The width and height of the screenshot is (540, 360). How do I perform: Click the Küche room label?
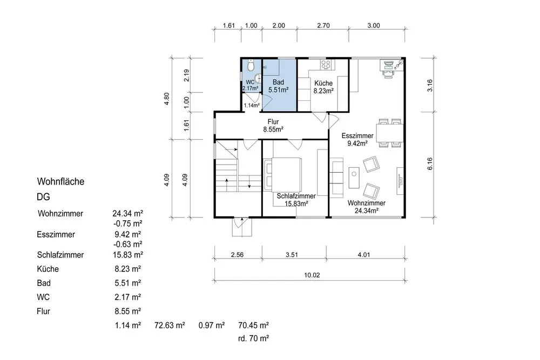pyautogui.click(x=323, y=83)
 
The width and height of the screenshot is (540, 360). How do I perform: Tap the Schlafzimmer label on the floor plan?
pyautogui.click(x=296, y=196)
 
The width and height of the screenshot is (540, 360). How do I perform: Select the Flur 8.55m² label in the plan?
pyautogui.click(x=273, y=126)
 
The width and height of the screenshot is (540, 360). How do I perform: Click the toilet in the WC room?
pyautogui.click(x=251, y=65)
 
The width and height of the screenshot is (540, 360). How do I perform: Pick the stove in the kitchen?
pyautogui.click(x=326, y=64)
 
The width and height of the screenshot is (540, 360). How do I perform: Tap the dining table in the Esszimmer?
pyautogui.click(x=389, y=133)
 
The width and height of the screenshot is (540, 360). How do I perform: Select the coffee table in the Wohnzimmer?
pyautogui.click(x=354, y=178)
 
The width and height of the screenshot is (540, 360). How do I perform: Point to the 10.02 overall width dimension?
pyautogui.click(x=312, y=275)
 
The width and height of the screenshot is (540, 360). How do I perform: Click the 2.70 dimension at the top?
pyautogui.click(x=323, y=25)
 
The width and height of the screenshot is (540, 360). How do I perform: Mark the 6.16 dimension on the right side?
pyautogui.click(x=429, y=164)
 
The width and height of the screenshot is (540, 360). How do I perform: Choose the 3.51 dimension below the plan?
pyautogui.click(x=292, y=255)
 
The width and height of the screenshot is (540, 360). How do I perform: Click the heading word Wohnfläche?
pyautogui.click(x=60, y=181)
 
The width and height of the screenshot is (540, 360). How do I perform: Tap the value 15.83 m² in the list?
pyautogui.click(x=128, y=255)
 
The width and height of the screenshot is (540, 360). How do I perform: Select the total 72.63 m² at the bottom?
pyautogui.click(x=170, y=325)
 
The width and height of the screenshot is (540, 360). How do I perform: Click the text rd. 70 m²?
pyautogui.click(x=253, y=338)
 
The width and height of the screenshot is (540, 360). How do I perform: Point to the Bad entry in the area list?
pyautogui.click(x=44, y=283)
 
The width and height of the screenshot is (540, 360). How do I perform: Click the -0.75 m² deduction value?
pyautogui.click(x=128, y=223)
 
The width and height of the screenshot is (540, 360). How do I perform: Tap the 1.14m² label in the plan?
pyautogui.click(x=252, y=105)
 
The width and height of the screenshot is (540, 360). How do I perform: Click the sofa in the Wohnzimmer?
pyautogui.click(x=336, y=178)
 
